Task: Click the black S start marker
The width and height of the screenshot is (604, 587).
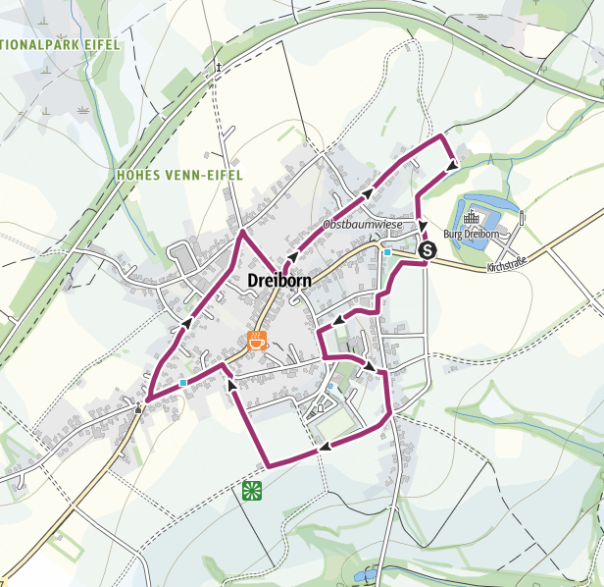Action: pyautogui.click(x=428, y=251)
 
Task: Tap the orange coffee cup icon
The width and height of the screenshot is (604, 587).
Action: pyautogui.click(x=257, y=342)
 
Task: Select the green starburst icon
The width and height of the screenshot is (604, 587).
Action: pyautogui.click(x=252, y=490)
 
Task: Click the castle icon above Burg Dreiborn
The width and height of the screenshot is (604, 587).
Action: pyautogui.click(x=471, y=217)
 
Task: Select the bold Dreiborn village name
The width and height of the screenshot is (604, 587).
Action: pyautogui.click(x=279, y=280)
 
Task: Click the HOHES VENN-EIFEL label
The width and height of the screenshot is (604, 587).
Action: pyautogui.click(x=178, y=175)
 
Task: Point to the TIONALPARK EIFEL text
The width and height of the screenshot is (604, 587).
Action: pyautogui.click(x=59, y=43)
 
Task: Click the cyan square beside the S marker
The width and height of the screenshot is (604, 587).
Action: pyautogui.click(x=388, y=252)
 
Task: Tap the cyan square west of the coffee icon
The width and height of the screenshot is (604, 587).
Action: pyautogui.click(x=183, y=383)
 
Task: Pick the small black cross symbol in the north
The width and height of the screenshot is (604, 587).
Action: pyautogui.click(x=220, y=68)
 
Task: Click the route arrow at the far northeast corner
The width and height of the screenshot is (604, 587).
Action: pyautogui.click(x=451, y=165)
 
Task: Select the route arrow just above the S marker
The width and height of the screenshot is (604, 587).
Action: pyautogui.click(x=423, y=228)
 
